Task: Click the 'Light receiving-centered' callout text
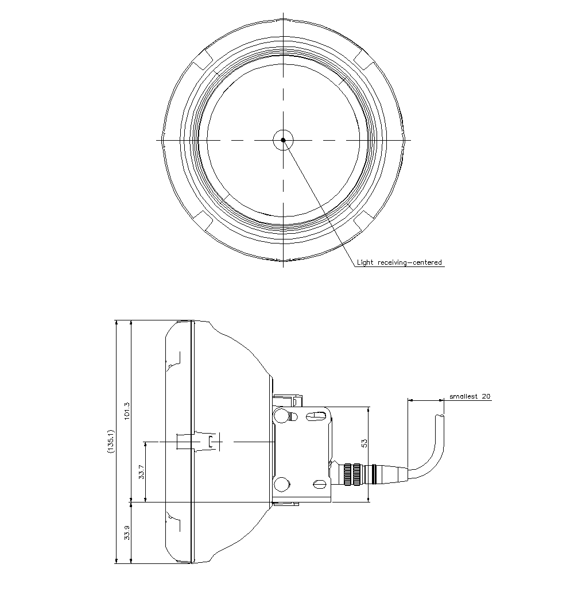click(x=400, y=263)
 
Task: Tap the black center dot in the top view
click(x=283, y=140)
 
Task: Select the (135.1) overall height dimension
click(x=111, y=442)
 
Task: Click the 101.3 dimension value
click(x=127, y=410)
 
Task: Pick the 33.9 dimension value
click(x=127, y=532)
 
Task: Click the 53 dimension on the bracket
click(x=364, y=443)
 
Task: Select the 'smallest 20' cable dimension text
click(x=470, y=396)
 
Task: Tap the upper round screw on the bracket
click(x=281, y=415)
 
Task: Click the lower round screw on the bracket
click(x=281, y=484)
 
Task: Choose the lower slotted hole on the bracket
click(x=319, y=484)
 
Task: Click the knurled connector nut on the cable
click(x=351, y=474)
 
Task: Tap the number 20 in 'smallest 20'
click(x=486, y=396)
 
